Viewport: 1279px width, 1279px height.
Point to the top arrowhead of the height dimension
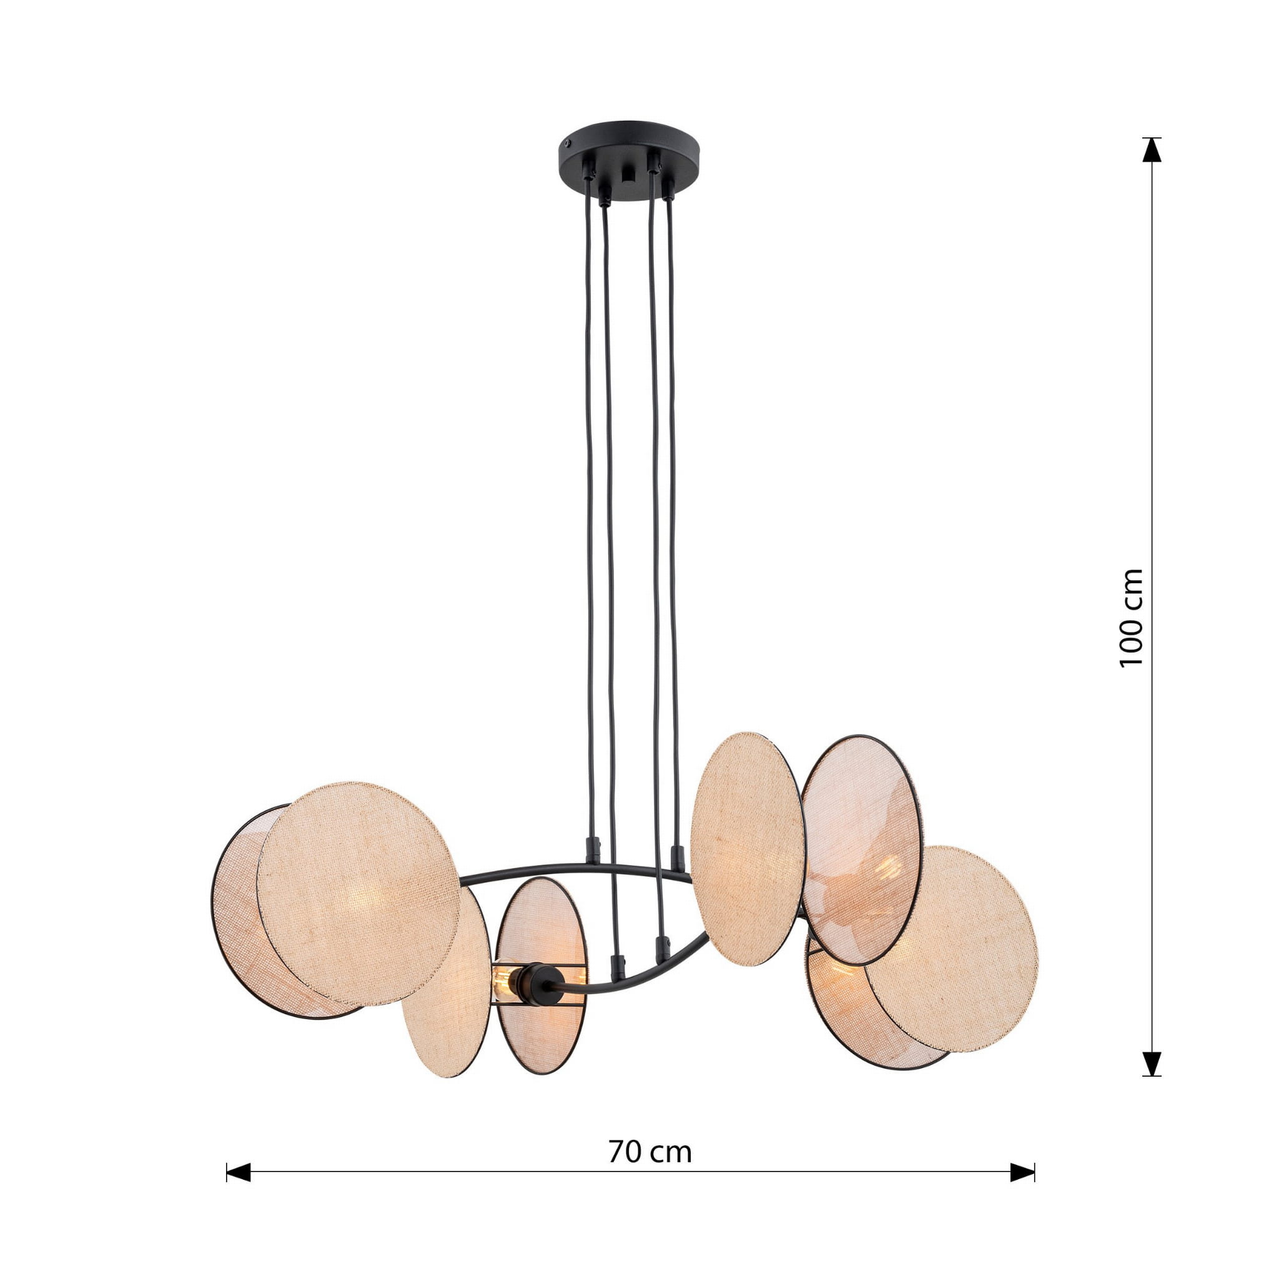[1152, 150]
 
